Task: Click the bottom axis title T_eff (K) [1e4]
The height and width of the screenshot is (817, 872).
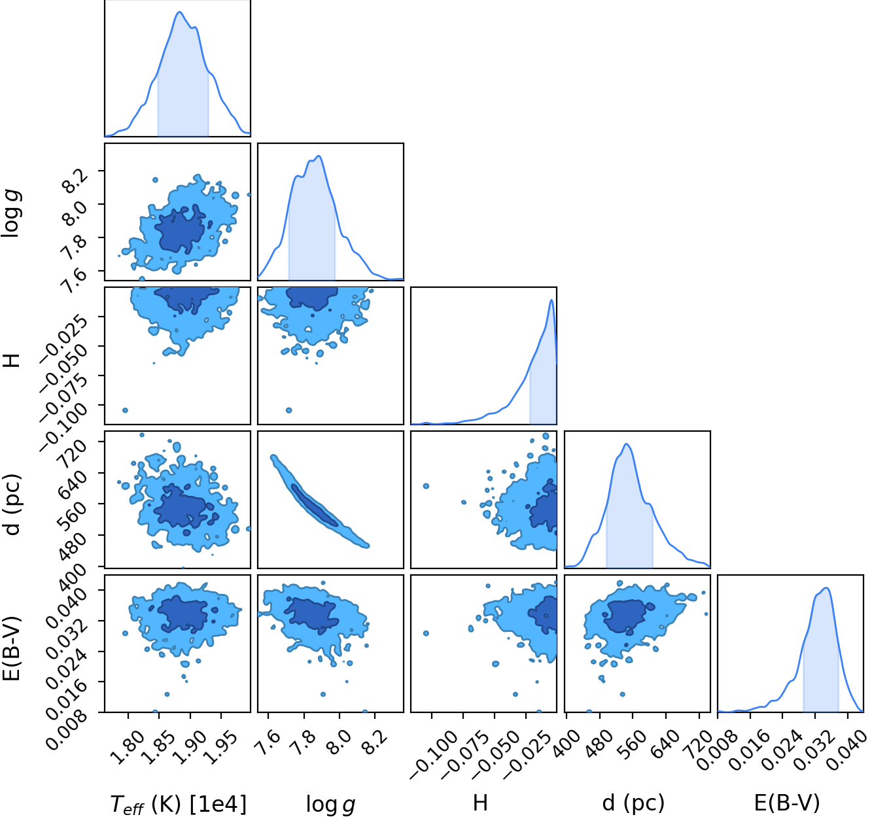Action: click(178, 805)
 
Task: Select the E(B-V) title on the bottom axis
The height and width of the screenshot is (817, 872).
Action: click(787, 803)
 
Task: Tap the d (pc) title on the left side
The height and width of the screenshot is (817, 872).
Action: click(12, 505)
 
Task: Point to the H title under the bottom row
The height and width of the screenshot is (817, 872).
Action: click(480, 803)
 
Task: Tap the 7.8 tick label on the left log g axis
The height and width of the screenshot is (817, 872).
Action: click(66, 248)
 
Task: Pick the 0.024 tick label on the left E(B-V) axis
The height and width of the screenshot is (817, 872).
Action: click(66, 666)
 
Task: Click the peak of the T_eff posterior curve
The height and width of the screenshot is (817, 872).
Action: click(180, 12)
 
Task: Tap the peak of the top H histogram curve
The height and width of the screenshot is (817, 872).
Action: click(551, 300)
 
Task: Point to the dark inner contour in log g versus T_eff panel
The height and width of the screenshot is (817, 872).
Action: click(180, 230)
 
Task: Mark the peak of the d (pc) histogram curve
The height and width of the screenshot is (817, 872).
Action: click(627, 444)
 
